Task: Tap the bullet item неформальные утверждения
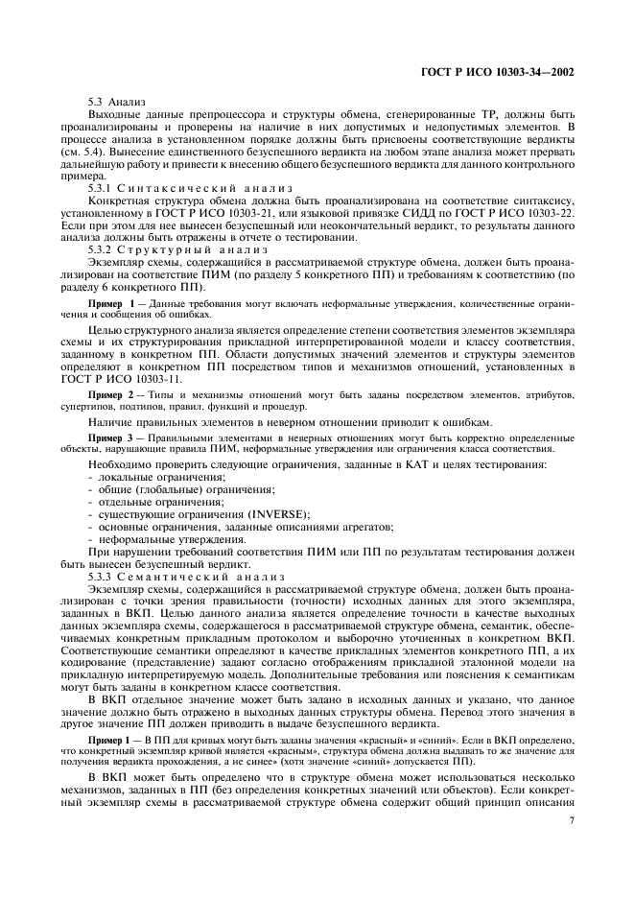coord(165,539)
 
